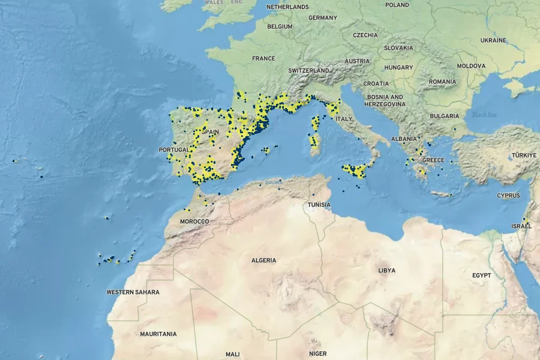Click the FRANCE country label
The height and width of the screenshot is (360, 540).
(x=263, y=59)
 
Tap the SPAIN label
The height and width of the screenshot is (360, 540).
(x=211, y=132)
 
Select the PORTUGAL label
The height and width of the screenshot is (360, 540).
(x=173, y=149)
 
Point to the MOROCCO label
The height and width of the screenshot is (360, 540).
(x=194, y=221)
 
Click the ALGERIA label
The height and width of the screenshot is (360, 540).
(x=264, y=260)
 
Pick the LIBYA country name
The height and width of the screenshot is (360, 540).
(x=387, y=270)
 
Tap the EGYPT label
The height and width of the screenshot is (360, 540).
(x=482, y=275)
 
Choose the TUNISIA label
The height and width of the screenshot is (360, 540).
(x=319, y=205)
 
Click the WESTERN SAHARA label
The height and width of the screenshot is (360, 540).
(x=133, y=292)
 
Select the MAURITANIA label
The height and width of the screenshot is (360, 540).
(x=158, y=334)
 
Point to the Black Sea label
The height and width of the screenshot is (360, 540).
(x=484, y=115)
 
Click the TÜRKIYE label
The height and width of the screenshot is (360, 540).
(x=524, y=155)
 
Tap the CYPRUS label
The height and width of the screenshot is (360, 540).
(x=508, y=196)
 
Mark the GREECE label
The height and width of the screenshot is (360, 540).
(x=433, y=160)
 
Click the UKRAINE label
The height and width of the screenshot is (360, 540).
(x=493, y=40)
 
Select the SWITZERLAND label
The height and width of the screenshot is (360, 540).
(x=308, y=70)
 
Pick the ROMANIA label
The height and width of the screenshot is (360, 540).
(x=442, y=82)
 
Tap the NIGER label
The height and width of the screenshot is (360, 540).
(x=318, y=354)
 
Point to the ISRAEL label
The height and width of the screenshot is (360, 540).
(x=521, y=226)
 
